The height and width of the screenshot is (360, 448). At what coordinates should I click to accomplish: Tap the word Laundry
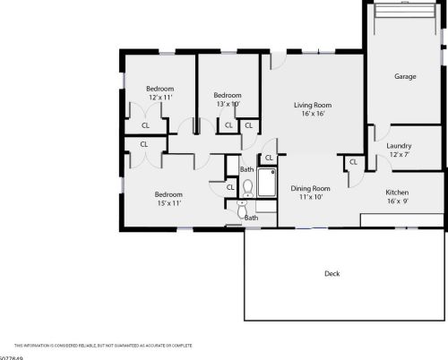[x=399, y=146]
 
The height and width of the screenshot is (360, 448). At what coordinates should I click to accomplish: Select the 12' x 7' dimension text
[x=399, y=155]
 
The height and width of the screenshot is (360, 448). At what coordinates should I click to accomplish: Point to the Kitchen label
[x=398, y=193]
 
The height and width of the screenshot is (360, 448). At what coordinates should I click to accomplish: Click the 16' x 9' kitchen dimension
[x=398, y=202]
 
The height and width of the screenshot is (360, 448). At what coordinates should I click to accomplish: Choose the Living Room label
[x=313, y=106]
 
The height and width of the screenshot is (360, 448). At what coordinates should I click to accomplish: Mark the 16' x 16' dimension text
[x=313, y=115]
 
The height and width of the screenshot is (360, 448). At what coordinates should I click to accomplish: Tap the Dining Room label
[x=311, y=188]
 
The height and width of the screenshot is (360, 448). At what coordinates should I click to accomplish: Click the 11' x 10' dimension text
[x=311, y=197]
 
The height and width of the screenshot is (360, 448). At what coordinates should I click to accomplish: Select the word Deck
[x=332, y=273]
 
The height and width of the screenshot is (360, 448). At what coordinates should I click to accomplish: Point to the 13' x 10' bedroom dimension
[x=227, y=104]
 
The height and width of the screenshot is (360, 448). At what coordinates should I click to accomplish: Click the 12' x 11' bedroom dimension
[x=159, y=98]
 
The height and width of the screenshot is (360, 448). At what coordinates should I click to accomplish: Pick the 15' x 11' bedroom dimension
[x=168, y=203]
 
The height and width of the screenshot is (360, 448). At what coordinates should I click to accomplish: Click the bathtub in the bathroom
[x=267, y=184]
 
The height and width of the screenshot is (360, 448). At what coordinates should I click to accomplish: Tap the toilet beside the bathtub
[x=248, y=187]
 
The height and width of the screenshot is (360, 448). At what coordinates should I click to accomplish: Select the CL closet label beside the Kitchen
[x=353, y=162]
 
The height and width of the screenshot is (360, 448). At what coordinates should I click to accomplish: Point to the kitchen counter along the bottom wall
[x=401, y=220]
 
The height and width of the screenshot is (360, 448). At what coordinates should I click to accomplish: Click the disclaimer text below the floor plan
[x=103, y=345]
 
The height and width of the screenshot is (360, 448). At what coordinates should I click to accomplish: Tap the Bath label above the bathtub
[x=247, y=169]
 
